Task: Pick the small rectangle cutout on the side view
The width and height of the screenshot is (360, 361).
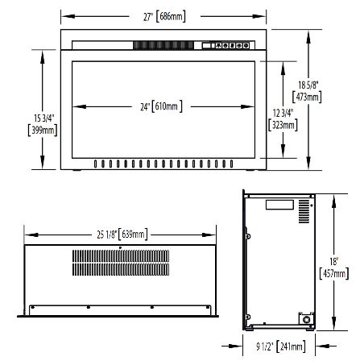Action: point(278,205)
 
